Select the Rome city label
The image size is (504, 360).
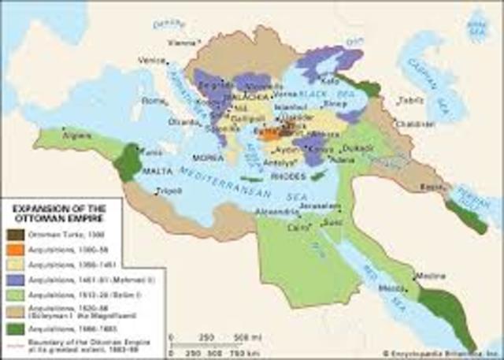tap(150, 100)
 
